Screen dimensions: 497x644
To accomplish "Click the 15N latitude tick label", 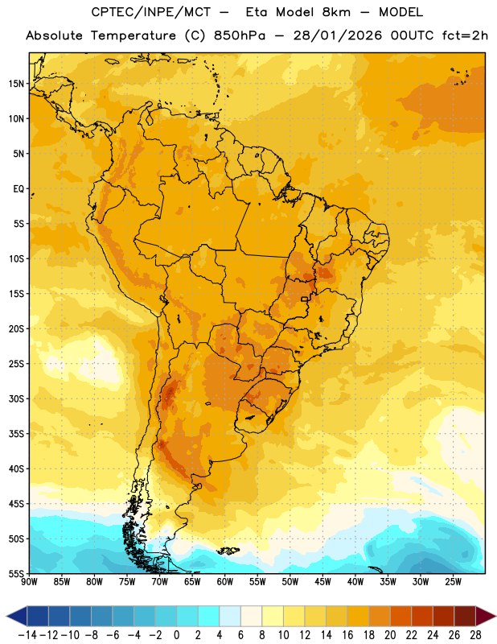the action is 16,84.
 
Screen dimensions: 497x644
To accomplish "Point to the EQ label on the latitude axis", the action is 18,189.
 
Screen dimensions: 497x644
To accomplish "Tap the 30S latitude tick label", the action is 16,398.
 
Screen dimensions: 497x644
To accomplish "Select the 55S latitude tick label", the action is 16,573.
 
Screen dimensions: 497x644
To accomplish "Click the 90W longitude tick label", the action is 29,582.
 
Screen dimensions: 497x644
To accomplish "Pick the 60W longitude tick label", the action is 225,582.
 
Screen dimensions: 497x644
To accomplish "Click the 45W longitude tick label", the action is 322,582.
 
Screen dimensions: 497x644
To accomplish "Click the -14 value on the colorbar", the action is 27,635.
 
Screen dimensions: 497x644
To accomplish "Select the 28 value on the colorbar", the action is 475,635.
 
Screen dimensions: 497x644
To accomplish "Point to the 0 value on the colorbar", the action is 176,635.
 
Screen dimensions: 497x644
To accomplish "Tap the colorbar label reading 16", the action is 347,635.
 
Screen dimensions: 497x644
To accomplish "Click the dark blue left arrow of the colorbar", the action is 17,616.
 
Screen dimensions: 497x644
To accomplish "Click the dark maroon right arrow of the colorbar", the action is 486,616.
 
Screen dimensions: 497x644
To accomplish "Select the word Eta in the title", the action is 257,12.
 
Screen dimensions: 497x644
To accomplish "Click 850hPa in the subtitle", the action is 240,35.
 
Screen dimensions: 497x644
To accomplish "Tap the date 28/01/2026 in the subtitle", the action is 337,35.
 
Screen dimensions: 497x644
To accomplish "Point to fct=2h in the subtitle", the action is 465,35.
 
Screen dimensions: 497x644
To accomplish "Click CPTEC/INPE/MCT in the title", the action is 151,12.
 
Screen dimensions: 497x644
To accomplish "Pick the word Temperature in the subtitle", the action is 133,36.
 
